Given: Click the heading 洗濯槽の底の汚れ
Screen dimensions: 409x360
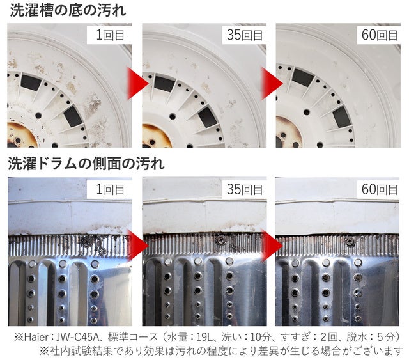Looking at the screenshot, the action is tap(68, 11).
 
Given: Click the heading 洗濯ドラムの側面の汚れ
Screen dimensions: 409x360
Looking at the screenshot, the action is tap(86, 164).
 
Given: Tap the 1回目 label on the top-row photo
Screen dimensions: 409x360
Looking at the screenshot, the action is tap(110, 35).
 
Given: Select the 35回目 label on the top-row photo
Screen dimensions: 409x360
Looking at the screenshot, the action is tap(244, 35).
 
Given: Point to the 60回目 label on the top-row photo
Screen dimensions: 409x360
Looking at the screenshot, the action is tap(380, 35).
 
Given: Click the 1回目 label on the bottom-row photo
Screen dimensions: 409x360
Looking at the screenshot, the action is tap(110, 189).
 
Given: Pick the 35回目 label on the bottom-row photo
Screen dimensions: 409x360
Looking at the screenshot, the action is tap(244, 189).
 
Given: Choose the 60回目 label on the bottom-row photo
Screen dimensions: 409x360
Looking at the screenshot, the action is tap(380, 189).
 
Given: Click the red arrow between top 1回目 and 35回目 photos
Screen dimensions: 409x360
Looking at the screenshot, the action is tap(137, 84).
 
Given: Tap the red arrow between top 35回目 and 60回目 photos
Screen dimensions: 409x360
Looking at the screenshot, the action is tap(271, 84).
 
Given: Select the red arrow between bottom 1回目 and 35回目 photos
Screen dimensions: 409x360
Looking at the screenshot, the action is tap(137, 246).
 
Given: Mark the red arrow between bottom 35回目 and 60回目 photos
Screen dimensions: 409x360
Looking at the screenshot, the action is tap(272, 246).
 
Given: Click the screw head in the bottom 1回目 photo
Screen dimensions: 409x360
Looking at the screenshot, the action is tap(87, 242).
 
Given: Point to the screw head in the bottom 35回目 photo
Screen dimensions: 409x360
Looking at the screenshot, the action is tap(221, 240).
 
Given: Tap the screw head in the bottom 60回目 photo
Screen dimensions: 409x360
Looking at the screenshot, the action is tap(350, 242).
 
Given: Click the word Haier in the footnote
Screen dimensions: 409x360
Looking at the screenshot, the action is tap(36, 337).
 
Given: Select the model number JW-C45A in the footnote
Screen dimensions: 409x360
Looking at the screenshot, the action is tap(78, 337).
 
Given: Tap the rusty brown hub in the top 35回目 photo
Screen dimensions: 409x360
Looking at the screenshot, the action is tap(155, 136).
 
